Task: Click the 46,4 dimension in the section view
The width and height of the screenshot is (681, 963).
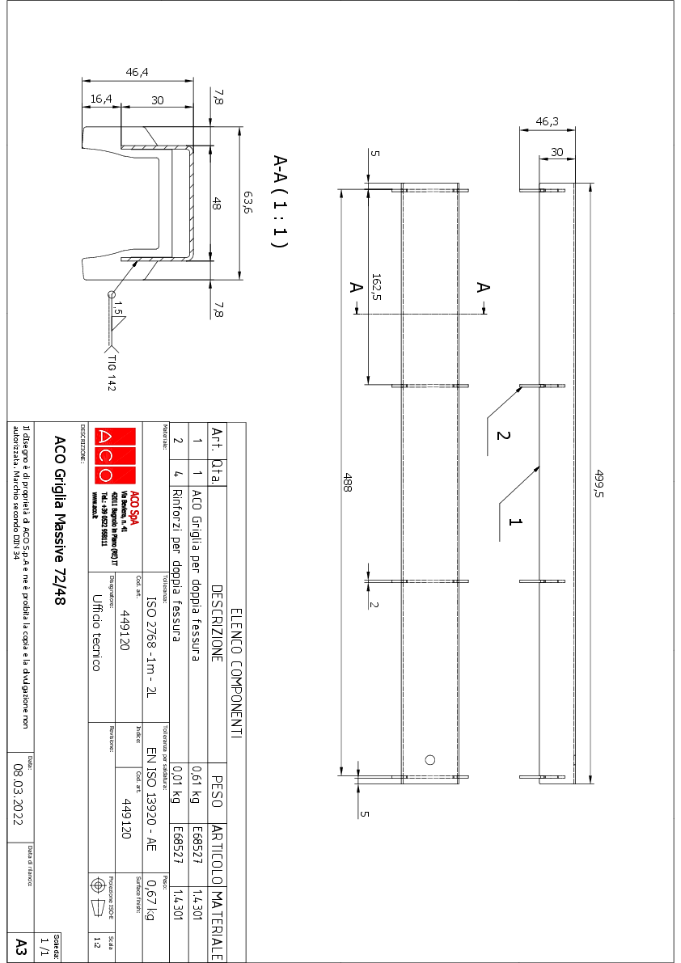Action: pyautogui.click(x=137, y=73)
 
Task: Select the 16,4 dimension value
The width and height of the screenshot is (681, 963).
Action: pyautogui.click(x=101, y=99)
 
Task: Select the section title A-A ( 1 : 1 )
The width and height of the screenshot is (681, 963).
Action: pyautogui.click(x=280, y=201)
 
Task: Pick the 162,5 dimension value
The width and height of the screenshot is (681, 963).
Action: pyautogui.click(x=376, y=286)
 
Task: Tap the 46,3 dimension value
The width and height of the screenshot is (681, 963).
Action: pyautogui.click(x=548, y=121)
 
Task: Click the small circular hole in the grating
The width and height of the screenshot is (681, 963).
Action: pyautogui.click(x=430, y=759)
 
